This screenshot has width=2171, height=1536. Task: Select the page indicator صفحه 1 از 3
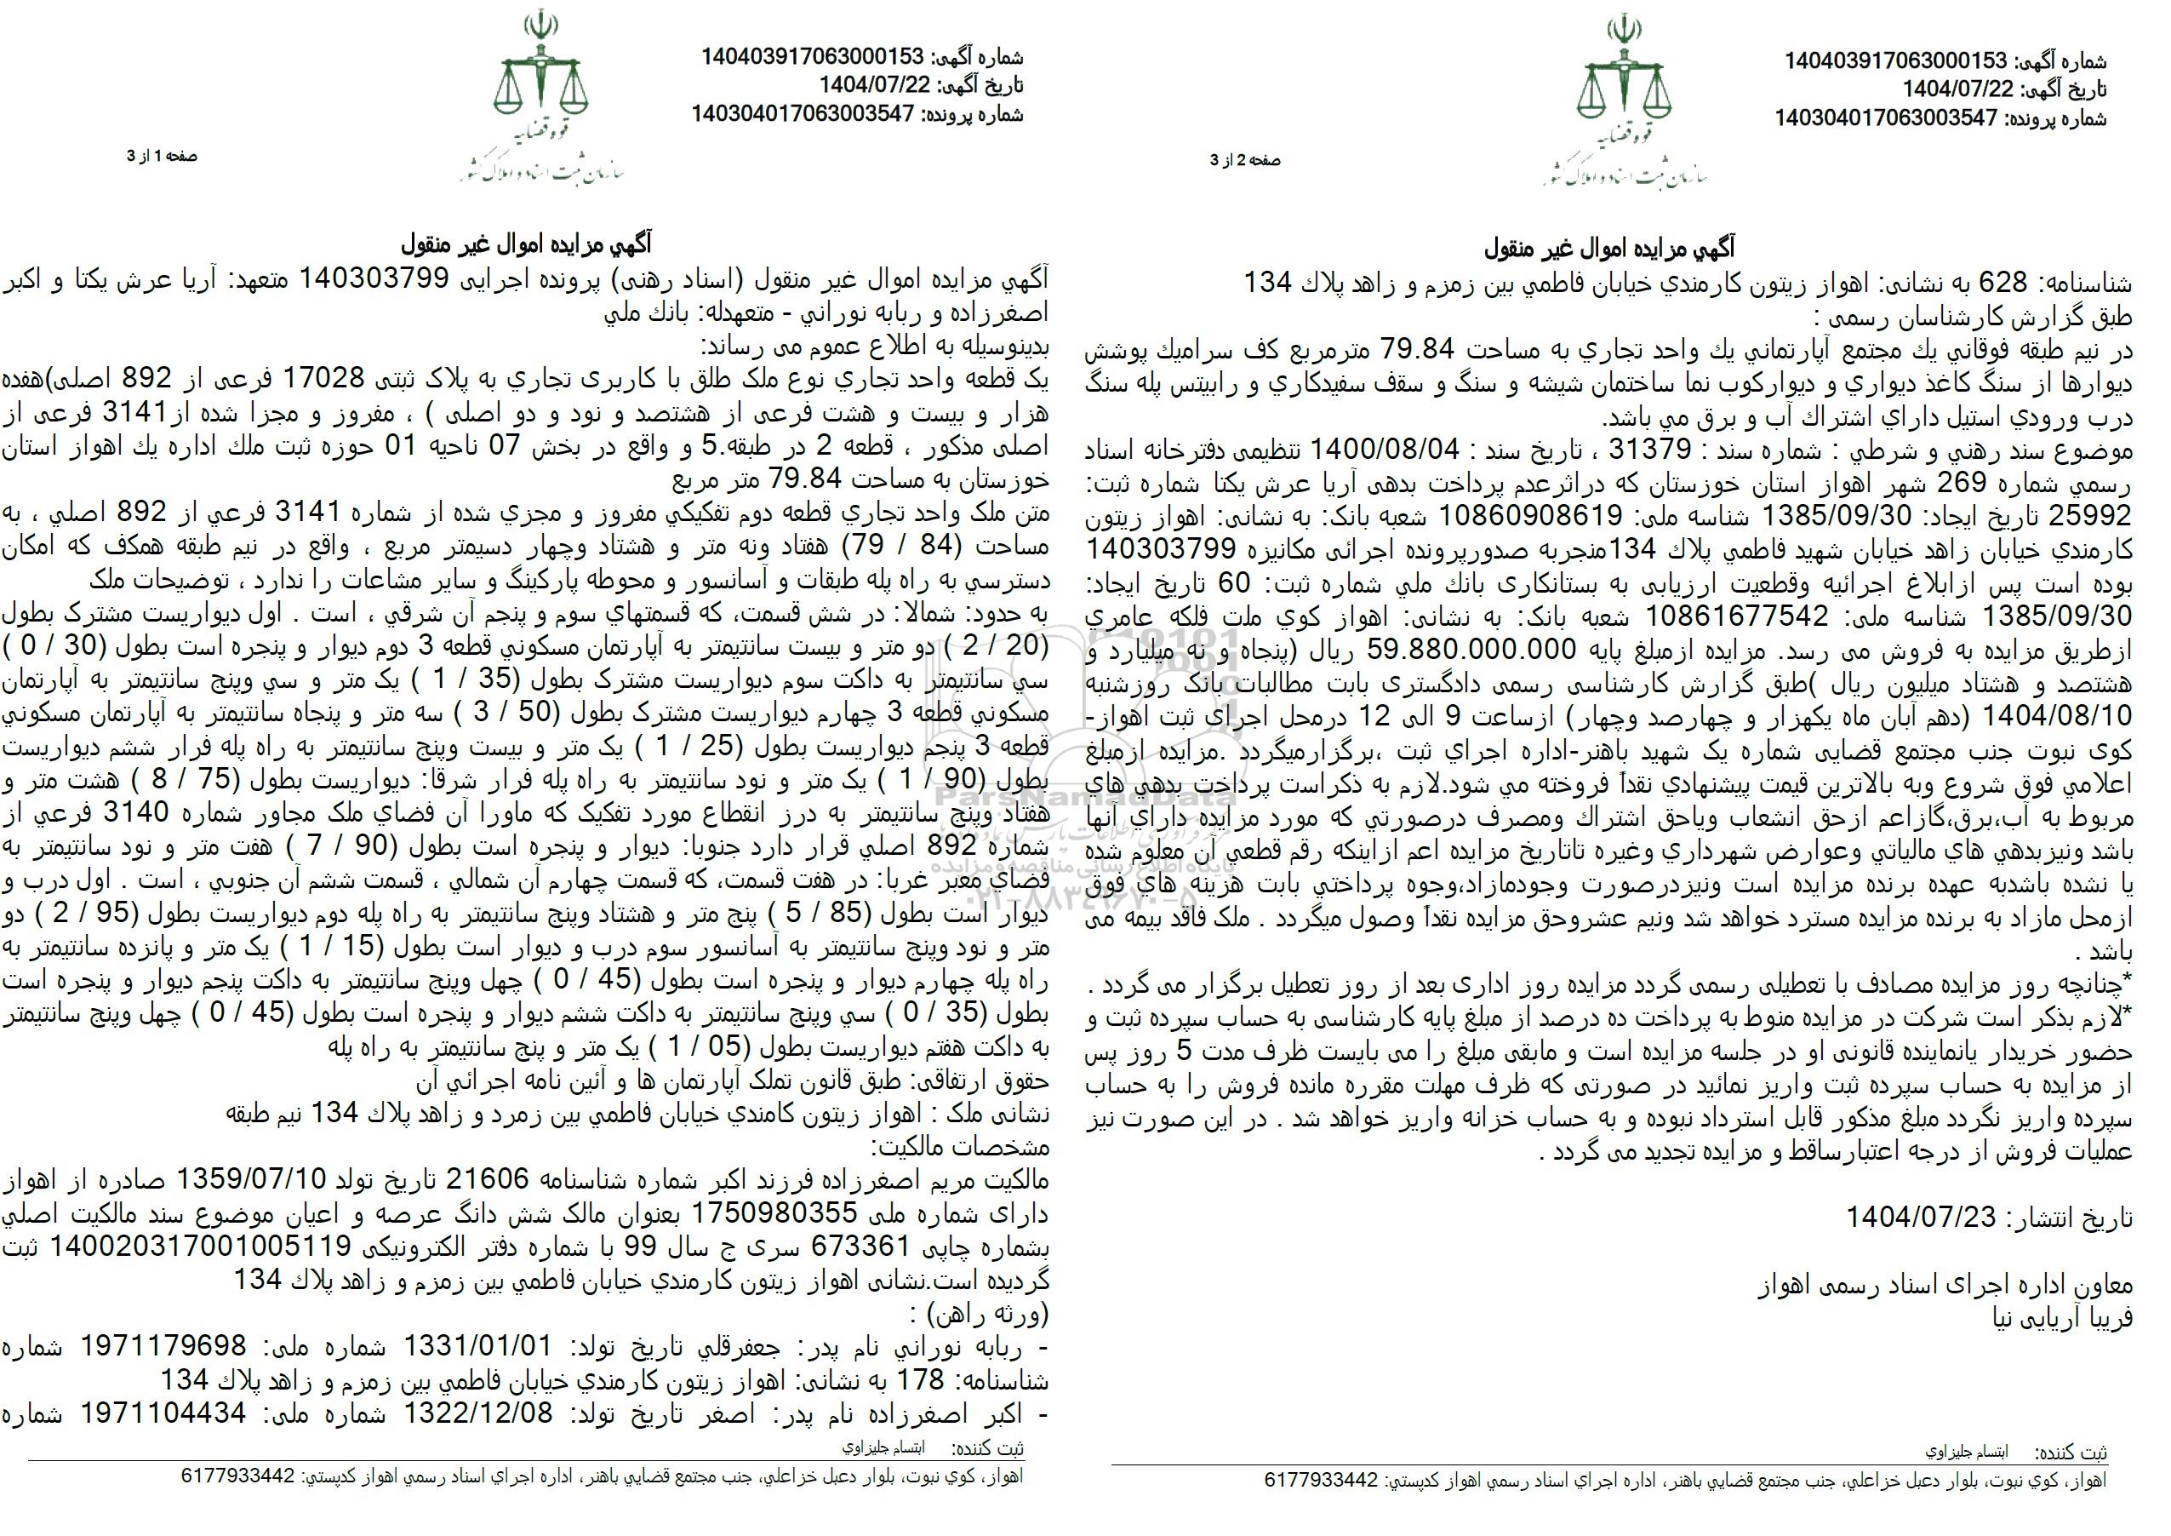click(x=163, y=156)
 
